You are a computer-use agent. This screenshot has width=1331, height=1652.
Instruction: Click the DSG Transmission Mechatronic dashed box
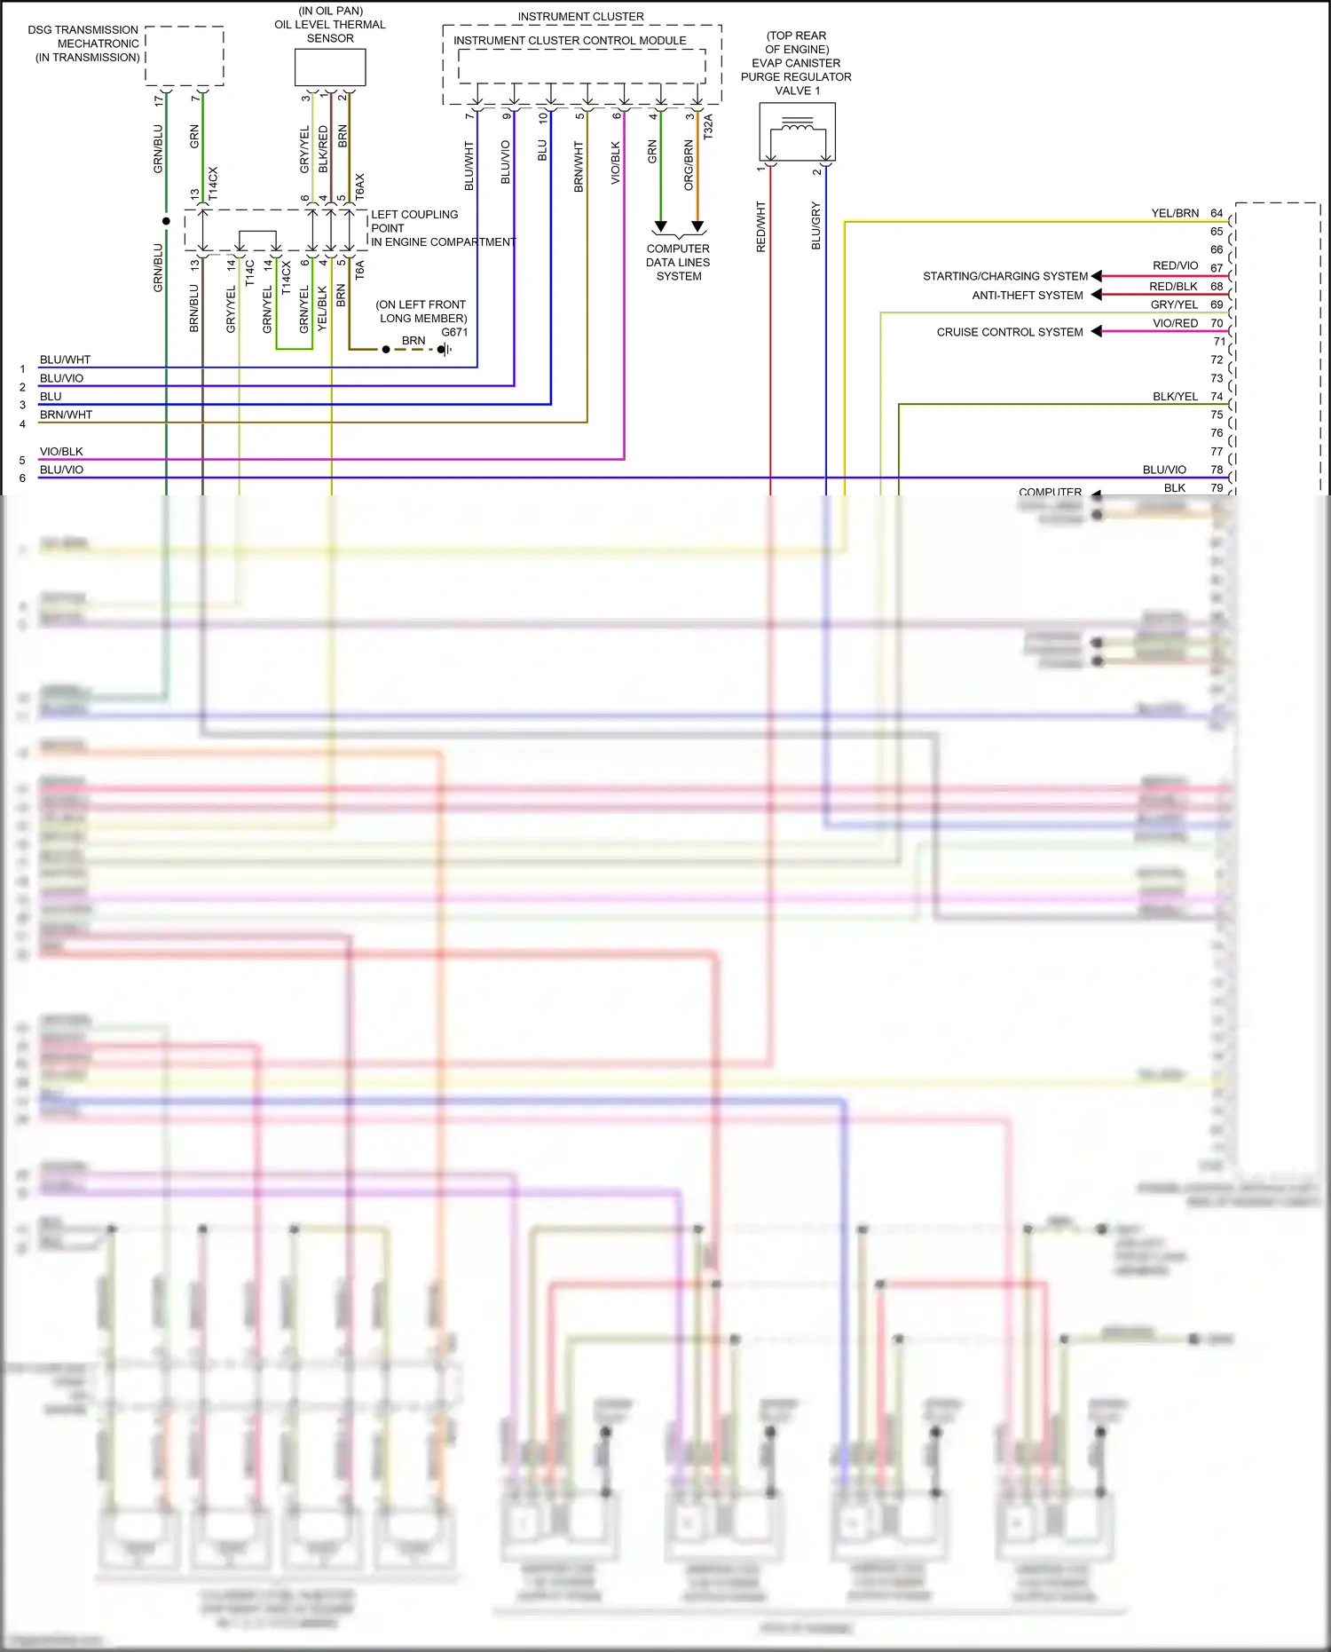click(x=185, y=56)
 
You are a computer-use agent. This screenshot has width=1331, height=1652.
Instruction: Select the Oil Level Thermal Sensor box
click(x=329, y=67)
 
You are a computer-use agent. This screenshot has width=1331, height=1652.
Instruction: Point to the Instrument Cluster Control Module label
click(x=570, y=41)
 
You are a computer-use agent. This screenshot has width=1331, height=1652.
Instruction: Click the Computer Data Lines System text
click(x=678, y=263)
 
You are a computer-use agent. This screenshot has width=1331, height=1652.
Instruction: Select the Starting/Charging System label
click(x=1004, y=276)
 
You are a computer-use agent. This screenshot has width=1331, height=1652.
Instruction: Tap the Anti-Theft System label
click(x=1027, y=295)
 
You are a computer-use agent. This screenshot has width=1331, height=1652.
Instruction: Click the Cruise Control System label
click(x=1009, y=332)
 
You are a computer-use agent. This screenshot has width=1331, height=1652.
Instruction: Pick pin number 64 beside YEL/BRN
click(x=1217, y=213)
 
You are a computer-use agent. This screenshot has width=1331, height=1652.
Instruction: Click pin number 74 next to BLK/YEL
click(x=1217, y=397)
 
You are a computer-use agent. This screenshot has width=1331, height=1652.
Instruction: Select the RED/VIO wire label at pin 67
click(x=1175, y=265)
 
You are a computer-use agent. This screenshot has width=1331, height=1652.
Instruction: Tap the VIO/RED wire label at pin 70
click(x=1175, y=323)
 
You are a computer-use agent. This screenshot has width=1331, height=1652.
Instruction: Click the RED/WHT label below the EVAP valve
click(x=760, y=226)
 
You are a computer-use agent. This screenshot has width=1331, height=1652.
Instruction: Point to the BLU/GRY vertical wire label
click(x=815, y=225)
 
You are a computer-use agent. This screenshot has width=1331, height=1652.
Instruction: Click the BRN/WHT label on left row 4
click(x=66, y=415)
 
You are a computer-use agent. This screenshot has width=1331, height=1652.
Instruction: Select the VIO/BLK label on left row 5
click(x=61, y=452)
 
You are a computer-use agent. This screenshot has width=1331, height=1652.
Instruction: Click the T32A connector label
click(x=707, y=127)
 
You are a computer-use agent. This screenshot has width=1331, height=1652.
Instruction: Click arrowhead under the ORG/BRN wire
click(x=697, y=226)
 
